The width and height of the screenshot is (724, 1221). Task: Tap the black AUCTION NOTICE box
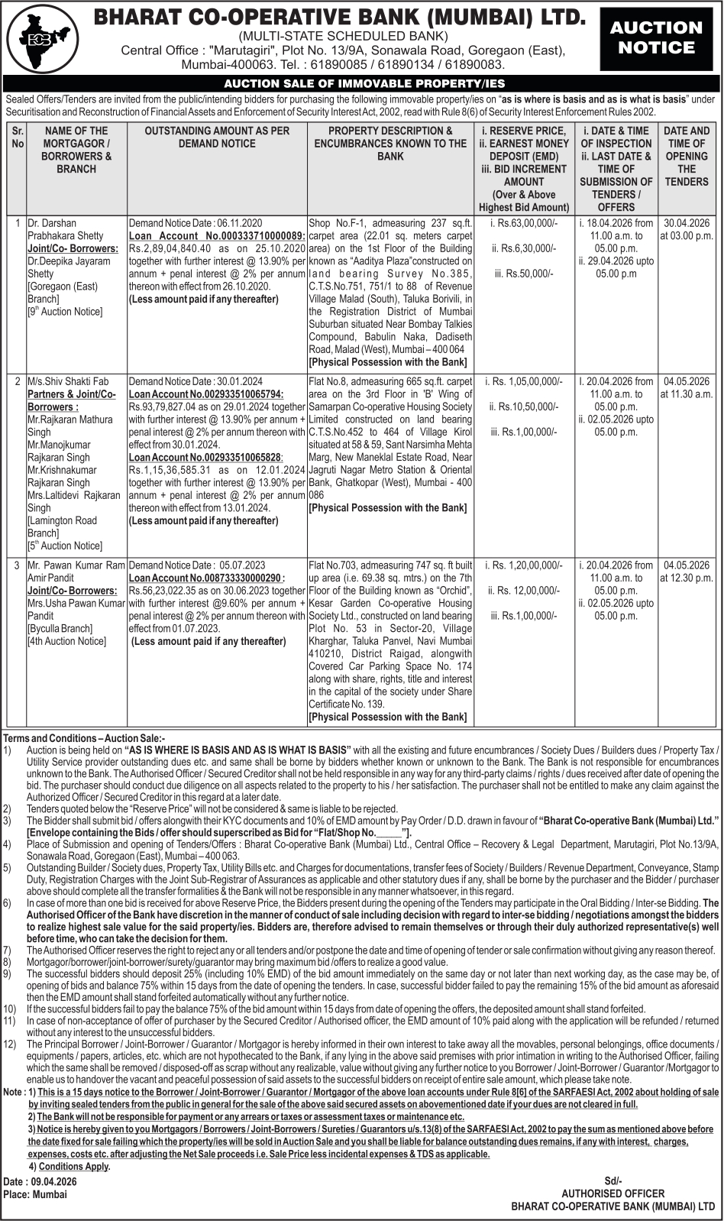tap(655, 38)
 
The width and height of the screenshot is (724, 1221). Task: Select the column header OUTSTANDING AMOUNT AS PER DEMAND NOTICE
tap(217, 137)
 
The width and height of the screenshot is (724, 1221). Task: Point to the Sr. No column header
tap(18, 137)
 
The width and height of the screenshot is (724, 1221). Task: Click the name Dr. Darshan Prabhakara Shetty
tap(65, 229)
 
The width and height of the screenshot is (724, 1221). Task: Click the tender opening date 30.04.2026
tap(687, 223)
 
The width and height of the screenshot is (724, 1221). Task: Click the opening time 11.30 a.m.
tap(687, 394)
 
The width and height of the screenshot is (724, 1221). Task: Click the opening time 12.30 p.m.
tap(687, 578)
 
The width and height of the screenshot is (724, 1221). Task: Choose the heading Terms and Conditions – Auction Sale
tap(84, 738)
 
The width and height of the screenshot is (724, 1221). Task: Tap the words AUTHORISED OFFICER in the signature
tap(612, 1193)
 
